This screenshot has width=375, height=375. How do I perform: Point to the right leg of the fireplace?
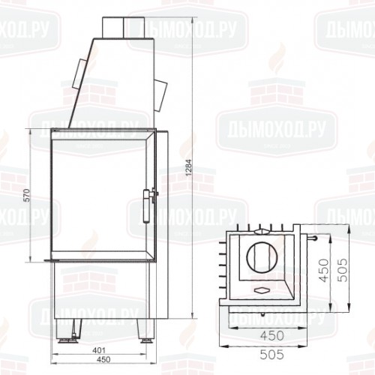click(x=142, y=328)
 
